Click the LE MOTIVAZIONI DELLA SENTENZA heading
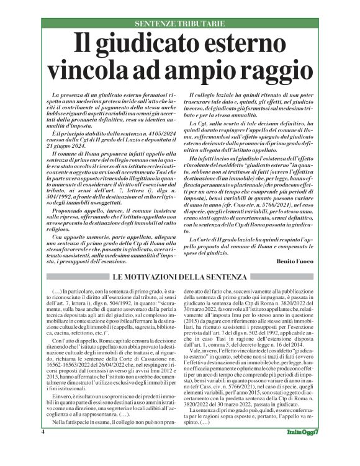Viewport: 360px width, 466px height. (179, 276)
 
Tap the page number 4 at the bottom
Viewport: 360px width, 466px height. (43, 449)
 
